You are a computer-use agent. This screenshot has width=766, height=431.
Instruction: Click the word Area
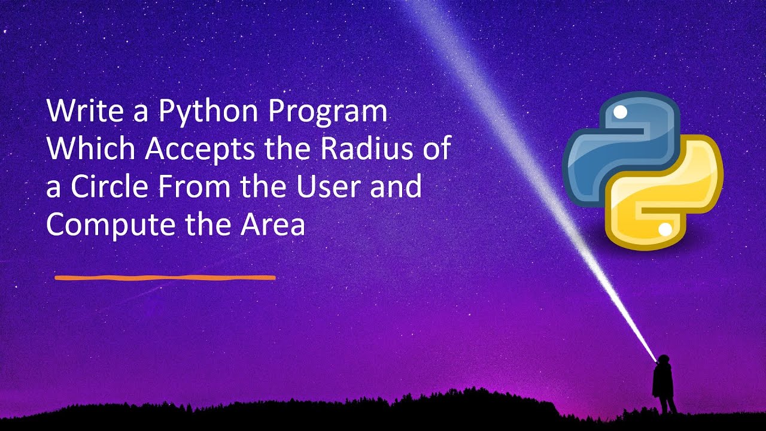(x=273, y=225)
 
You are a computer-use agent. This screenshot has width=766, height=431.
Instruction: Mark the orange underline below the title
(x=165, y=278)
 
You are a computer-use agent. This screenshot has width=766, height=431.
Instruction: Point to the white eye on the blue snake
(x=621, y=112)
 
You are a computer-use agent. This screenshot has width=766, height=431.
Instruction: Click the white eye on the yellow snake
(x=664, y=229)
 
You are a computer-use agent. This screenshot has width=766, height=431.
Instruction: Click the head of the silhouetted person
(x=662, y=360)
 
